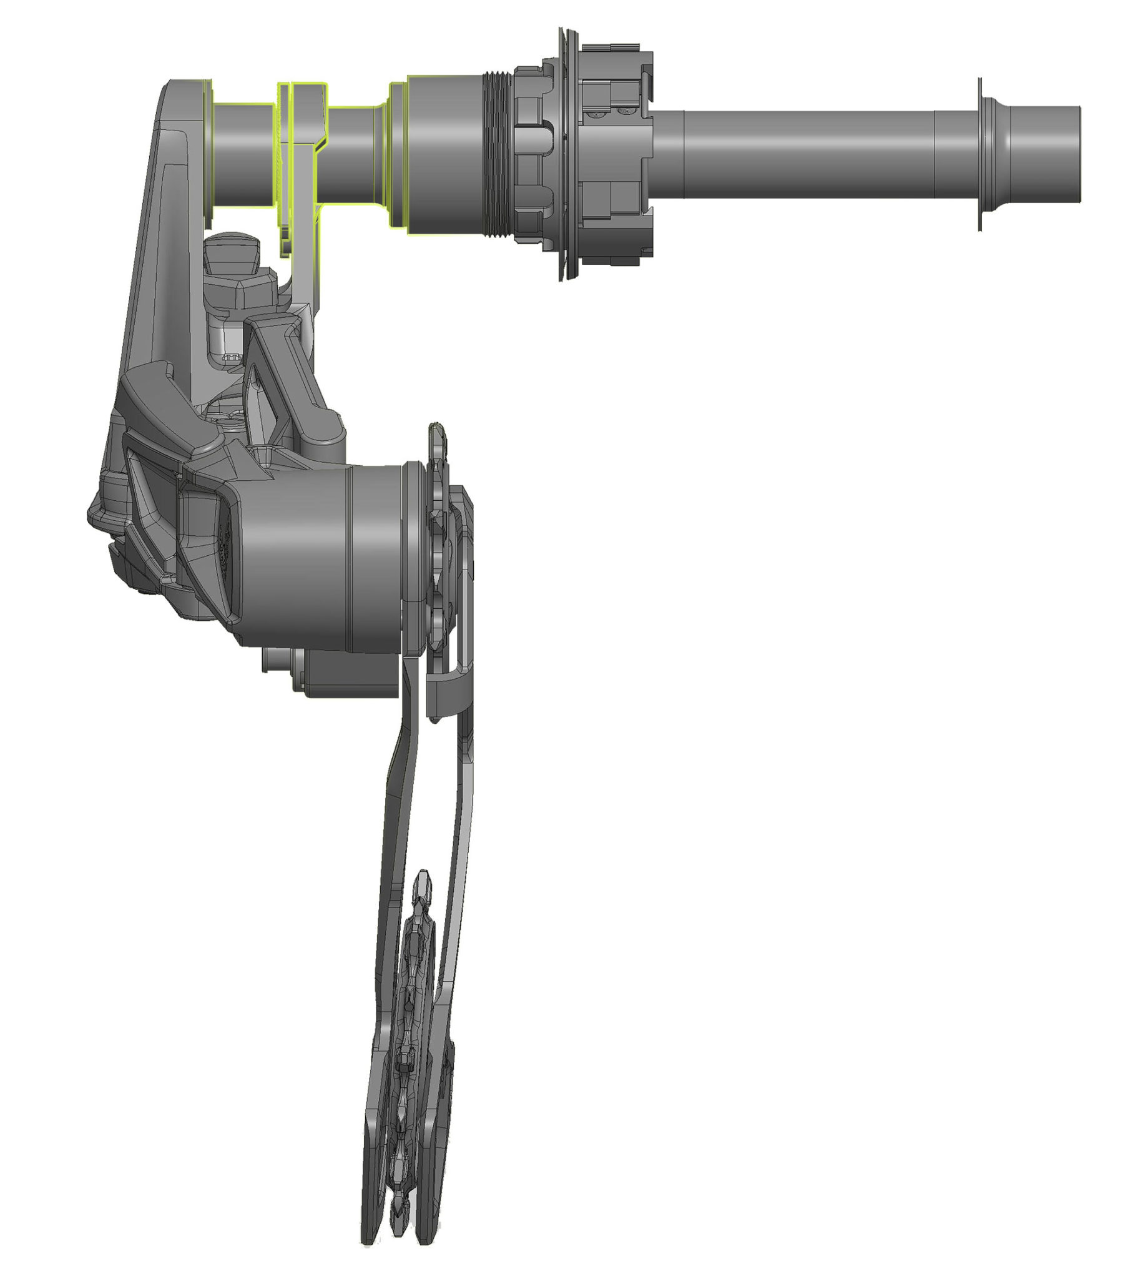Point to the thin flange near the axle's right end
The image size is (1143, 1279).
[x=980, y=154]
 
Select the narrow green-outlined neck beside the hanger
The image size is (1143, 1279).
[x=351, y=154]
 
